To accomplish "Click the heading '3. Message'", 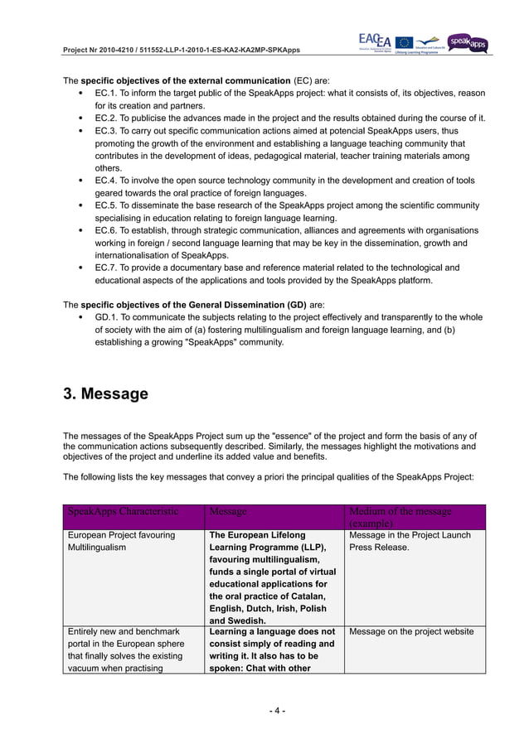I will click(x=106, y=393).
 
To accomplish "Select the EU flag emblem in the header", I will click(x=404, y=42).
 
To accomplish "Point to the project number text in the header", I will click(x=182, y=51).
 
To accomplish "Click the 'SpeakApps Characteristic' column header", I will click(x=123, y=512).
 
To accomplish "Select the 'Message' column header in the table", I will click(x=228, y=512).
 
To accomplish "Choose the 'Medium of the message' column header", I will click(x=400, y=512).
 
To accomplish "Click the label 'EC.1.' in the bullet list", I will click(x=108, y=93).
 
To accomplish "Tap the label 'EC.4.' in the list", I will click(x=108, y=181).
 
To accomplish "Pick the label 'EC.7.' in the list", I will click(x=108, y=268).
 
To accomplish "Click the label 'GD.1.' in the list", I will click(x=108, y=317).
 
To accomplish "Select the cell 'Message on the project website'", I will click(x=411, y=632).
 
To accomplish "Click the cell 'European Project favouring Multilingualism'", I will click(x=121, y=542).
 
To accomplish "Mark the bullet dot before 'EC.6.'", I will click(x=79, y=230).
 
